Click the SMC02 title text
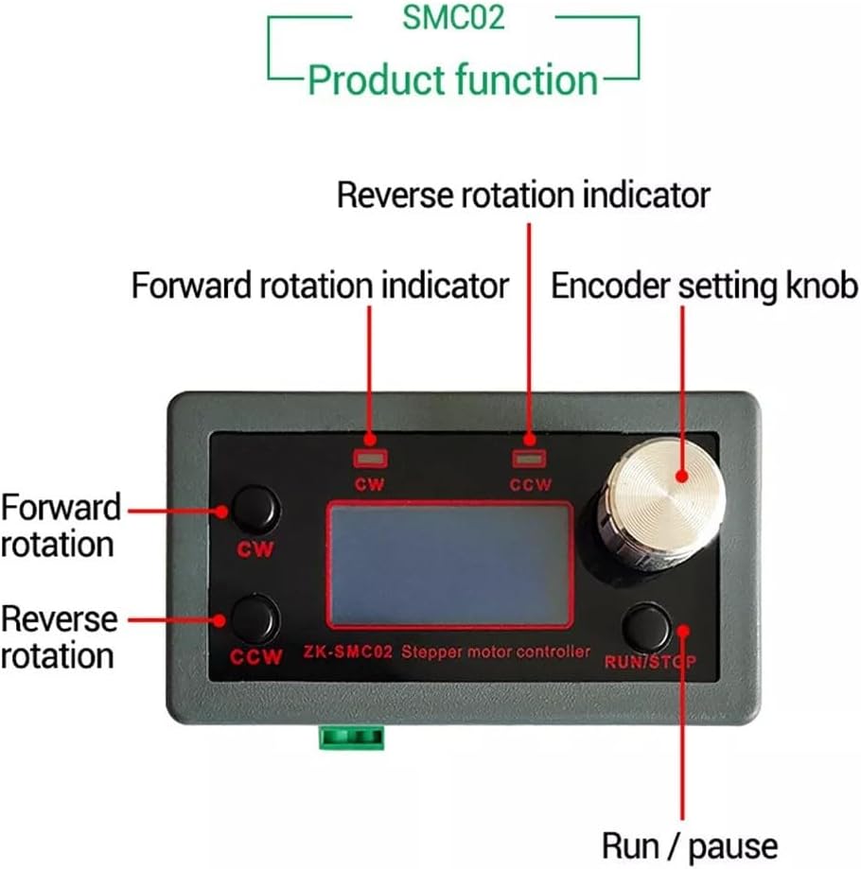[x=453, y=17]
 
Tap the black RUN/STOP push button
[x=647, y=627]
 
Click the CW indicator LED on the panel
[x=370, y=459]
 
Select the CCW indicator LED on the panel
[x=529, y=459]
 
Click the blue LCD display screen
[x=449, y=565]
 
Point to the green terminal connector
[x=352, y=738]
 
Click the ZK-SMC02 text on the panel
[x=347, y=652]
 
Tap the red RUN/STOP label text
[x=650, y=662]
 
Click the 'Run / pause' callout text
[x=690, y=847]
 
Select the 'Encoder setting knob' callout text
[x=704, y=286]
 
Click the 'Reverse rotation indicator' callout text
[x=523, y=195]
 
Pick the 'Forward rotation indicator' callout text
[x=320, y=286]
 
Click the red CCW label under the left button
[x=256, y=657]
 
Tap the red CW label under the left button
[x=255, y=549]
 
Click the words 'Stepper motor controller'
[x=496, y=652]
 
